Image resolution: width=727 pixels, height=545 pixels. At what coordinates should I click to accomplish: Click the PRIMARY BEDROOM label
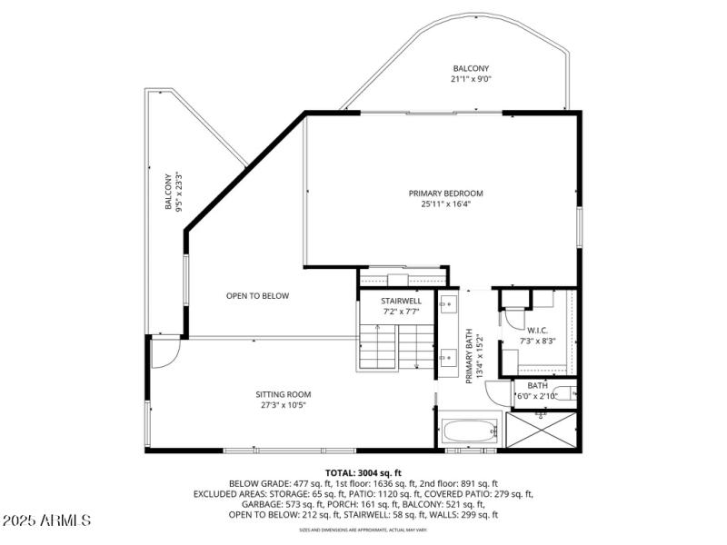coord(445,193)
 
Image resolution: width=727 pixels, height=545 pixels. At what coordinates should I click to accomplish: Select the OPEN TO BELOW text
coord(257,295)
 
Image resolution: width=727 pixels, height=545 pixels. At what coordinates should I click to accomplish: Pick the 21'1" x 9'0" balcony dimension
coord(471,80)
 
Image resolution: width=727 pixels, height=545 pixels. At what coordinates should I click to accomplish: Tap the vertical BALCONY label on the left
coord(168,193)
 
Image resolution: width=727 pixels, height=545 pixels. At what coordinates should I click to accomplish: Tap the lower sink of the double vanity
coord(449,360)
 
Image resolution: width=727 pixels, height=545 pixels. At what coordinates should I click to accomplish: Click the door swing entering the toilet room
coord(499,392)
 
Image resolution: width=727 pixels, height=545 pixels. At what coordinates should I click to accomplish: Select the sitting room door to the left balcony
coord(164,353)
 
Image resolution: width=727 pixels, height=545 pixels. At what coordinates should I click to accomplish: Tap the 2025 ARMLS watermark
coord(46,520)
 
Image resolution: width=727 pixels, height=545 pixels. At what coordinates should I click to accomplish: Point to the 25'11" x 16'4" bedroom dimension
coord(445,204)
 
